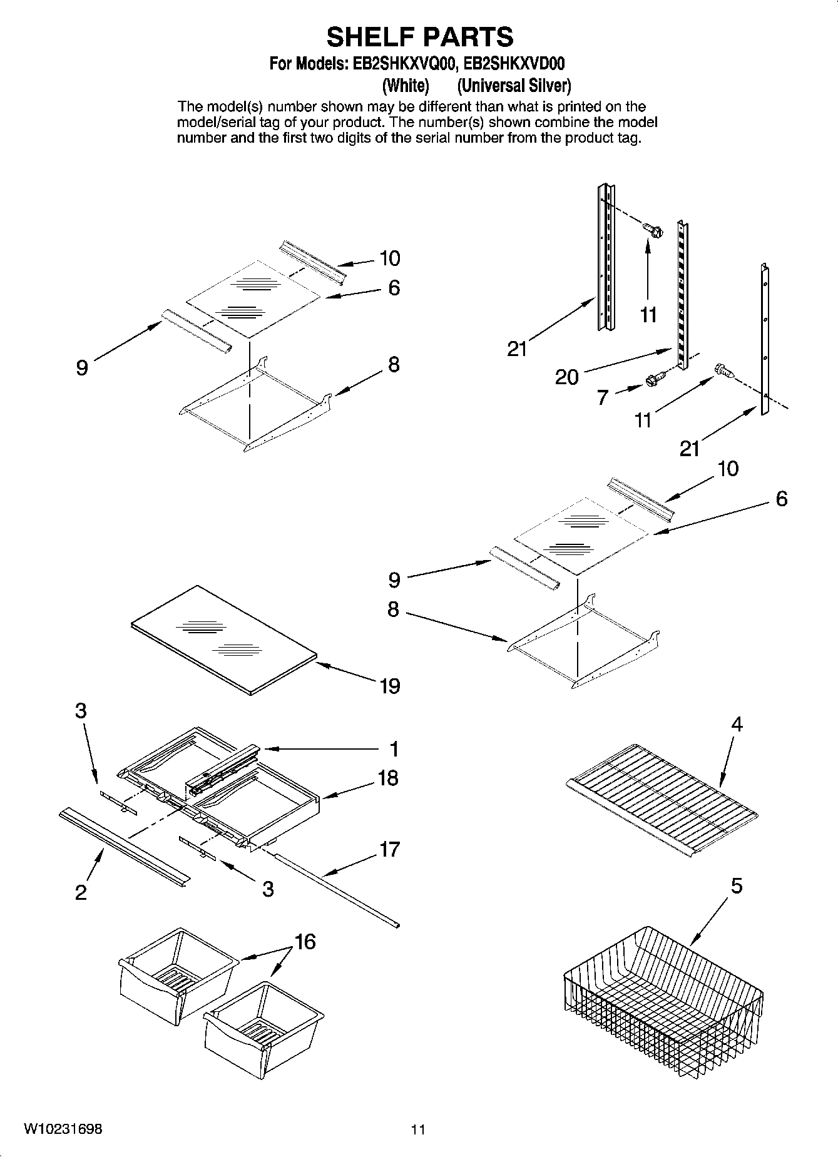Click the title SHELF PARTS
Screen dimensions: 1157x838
tap(419, 37)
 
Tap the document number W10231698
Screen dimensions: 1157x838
tap(63, 1129)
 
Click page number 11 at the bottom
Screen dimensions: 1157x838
tap(418, 1129)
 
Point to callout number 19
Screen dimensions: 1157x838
tap(389, 686)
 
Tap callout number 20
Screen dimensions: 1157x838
tap(567, 377)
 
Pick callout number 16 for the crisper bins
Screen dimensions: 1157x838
tap(305, 942)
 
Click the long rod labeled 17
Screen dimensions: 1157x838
tap(338, 889)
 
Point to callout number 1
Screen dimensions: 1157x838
tap(394, 748)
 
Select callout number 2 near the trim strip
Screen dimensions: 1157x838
tap(81, 892)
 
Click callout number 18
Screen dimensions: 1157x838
tap(388, 778)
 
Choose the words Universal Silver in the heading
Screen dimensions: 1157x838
tap(514, 85)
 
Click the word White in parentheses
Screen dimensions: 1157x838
tap(406, 85)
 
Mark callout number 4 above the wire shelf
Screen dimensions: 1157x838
tap(737, 725)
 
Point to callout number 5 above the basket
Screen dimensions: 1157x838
tap(737, 886)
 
